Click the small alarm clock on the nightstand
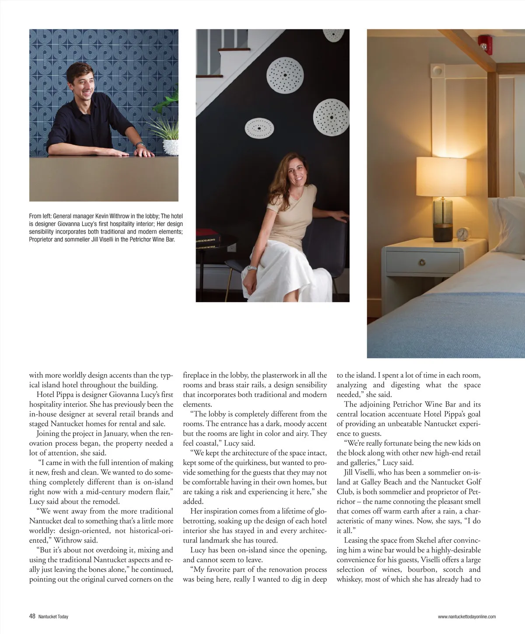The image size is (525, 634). pos(462,234)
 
